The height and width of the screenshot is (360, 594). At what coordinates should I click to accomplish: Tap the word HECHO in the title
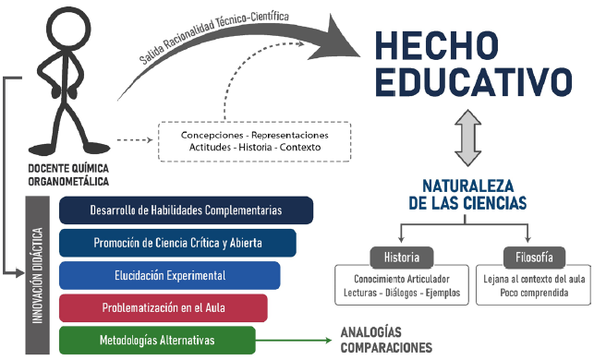pyautogui.click(x=437, y=45)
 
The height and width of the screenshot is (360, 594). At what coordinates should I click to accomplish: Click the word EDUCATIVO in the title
pyautogui.click(x=474, y=82)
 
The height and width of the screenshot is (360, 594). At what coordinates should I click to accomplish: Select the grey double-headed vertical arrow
pyautogui.click(x=467, y=138)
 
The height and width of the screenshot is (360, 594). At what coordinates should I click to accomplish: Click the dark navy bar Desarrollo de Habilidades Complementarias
pyautogui.click(x=186, y=210)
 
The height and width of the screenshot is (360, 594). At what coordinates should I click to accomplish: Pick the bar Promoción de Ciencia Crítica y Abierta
pyautogui.click(x=177, y=243)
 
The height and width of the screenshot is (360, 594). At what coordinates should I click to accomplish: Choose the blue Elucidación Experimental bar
pyautogui.click(x=170, y=275)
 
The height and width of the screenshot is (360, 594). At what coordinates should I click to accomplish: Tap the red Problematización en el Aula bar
pyautogui.click(x=164, y=307)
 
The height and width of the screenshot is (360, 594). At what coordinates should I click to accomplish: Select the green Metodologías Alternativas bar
pyautogui.click(x=157, y=340)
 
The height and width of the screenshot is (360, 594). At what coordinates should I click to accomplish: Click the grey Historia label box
pyautogui.click(x=402, y=258)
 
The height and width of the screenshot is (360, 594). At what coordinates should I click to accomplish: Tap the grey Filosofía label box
pyautogui.click(x=534, y=258)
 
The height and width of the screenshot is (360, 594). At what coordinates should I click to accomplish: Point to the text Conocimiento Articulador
pyautogui.click(x=402, y=280)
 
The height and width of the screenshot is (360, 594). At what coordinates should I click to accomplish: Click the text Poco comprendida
pyautogui.click(x=534, y=293)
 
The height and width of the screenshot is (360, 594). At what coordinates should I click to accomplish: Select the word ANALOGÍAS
pyautogui.click(x=370, y=332)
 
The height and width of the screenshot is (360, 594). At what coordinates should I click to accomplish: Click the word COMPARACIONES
pyautogui.click(x=386, y=347)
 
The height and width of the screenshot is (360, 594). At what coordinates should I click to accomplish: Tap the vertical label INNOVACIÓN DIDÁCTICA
pyautogui.click(x=37, y=275)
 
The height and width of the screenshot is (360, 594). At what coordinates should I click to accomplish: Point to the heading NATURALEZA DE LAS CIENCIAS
pyautogui.click(x=467, y=195)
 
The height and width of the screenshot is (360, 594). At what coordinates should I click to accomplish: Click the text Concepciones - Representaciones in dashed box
pyautogui.click(x=255, y=135)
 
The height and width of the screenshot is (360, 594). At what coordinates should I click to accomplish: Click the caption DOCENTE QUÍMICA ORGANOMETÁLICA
pyautogui.click(x=68, y=174)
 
